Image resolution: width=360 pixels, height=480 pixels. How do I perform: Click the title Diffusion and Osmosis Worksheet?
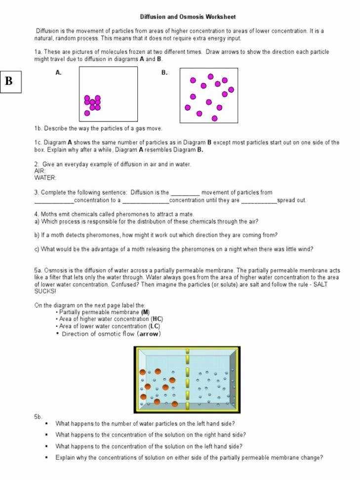pyautogui.click(x=188, y=17)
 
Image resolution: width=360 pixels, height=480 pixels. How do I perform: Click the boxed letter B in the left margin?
pyautogui.click(x=9, y=81)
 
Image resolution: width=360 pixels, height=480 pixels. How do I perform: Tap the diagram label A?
pyautogui.click(x=58, y=73)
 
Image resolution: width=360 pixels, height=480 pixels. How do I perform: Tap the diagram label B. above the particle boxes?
pyautogui.click(x=164, y=73)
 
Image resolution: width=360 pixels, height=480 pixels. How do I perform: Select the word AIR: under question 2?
pyautogui.click(x=40, y=171)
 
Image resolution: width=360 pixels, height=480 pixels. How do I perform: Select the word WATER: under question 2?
pyautogui.click(x=45, y=178)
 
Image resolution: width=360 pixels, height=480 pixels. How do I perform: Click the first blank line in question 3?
pyautogui.click(x=185, y=193)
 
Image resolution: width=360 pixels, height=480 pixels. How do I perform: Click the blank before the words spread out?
pyautogui.click(x=259, y=201)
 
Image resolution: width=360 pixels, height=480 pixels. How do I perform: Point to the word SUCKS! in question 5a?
pyautogui.click(x=45, y=291)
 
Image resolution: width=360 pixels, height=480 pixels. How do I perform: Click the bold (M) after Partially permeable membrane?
pyautogui.click(x=145, y=312)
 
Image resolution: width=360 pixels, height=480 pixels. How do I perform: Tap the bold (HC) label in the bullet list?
pyautogui.click(x=158, y=319)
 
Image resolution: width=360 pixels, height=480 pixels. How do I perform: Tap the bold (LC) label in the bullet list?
pyautogui.click(x=155, y=326)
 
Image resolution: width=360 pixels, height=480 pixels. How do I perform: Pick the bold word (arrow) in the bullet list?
pyautogui.click(x=149, y=334)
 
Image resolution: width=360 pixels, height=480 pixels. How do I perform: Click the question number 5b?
pyautogui.click(x=38, y=417)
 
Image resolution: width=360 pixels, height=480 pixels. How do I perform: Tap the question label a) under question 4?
pyautogui.click(x=37, y=222)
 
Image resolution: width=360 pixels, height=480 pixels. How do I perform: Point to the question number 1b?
pyautogui.click(x=38, y=128)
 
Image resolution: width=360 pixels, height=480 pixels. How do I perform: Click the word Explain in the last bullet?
pyautogui.click(x=65, y=458)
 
